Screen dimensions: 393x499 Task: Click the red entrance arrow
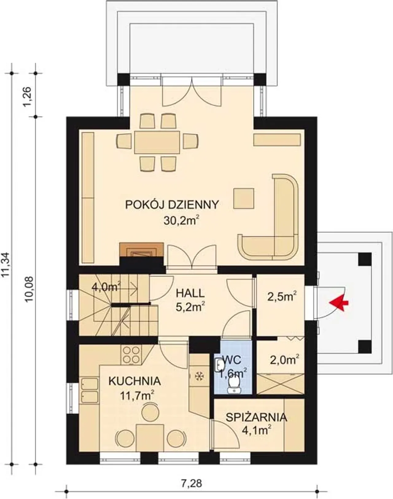(338, 303)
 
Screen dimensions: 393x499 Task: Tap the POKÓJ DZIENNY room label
(172, 205)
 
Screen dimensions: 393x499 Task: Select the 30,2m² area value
(182, 221)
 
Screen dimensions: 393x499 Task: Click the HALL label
(190, 293)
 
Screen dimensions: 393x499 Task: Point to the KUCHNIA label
(135, 381)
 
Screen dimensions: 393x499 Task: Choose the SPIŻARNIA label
(257, 417)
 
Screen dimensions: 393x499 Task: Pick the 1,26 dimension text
(27, 97)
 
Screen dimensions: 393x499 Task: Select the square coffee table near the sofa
(243, 198)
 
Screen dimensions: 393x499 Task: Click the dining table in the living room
(157, 142)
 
